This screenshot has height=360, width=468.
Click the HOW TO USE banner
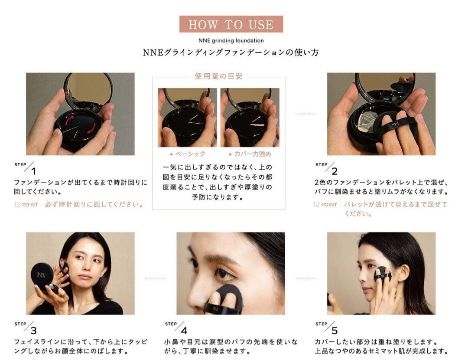231,24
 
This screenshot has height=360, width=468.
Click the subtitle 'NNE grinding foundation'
231,41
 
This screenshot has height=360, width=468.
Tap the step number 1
33,171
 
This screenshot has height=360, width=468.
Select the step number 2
335,171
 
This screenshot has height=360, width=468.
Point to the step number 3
33,331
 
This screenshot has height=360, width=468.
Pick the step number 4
184,331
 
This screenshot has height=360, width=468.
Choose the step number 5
335,331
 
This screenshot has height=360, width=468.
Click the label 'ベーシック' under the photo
190,154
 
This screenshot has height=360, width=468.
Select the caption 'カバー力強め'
253,154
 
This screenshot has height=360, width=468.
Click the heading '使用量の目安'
218,76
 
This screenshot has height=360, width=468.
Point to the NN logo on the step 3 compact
41,275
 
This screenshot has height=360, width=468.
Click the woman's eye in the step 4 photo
222,273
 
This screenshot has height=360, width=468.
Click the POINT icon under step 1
18,205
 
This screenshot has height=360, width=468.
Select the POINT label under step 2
329,205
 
